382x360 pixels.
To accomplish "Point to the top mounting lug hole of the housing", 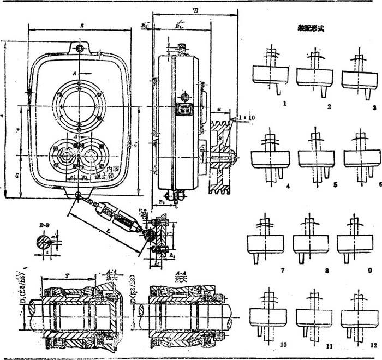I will pos(81,49).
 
